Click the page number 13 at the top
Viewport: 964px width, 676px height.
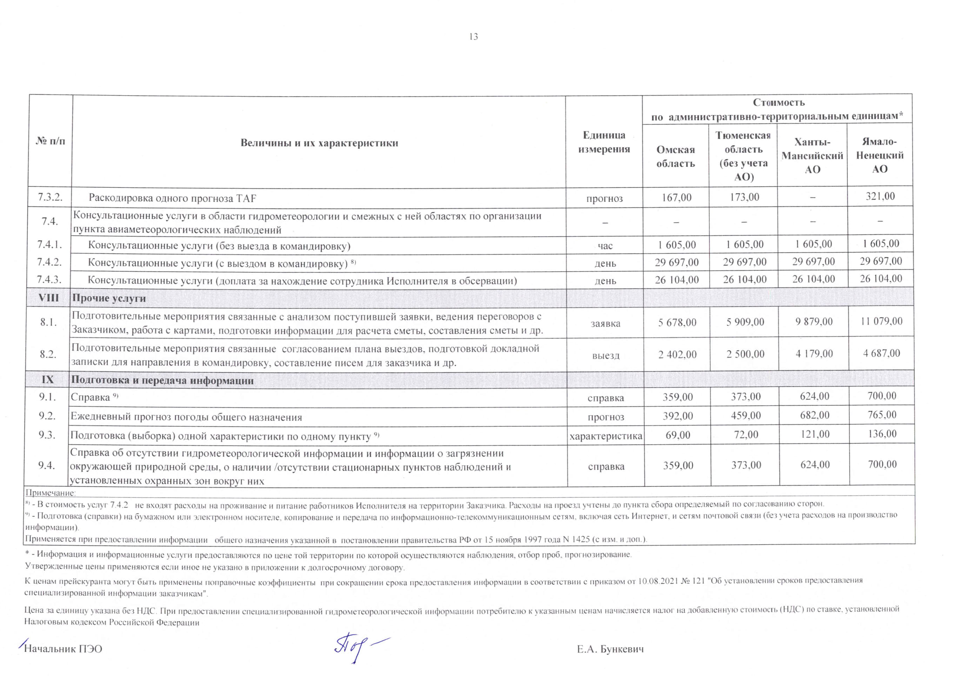click(x=473, y=37)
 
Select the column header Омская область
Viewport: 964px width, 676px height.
click(x=676, y=156)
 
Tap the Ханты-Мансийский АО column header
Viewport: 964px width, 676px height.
click(x=812, y=156)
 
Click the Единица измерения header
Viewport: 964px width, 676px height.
click(x=604, y=142)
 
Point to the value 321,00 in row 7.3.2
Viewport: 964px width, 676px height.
click(x=880, y=196)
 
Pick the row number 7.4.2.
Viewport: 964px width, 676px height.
click(x=49, y=262)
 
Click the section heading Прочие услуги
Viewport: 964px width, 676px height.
click(x=109, y=298)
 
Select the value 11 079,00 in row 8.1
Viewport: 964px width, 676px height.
click(x=881, y=321)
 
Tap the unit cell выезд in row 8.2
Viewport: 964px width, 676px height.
click(x=605, y=355)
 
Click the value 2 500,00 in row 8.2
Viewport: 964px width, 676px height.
click(x=745, y=354)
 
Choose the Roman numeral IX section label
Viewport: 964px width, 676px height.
click(x=47, y=380)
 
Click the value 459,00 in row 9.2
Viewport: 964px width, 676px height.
click(x=746, y=415)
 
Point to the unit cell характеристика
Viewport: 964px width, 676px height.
click(x=605, y=436)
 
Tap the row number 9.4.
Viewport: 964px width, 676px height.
click(x=47, y=465)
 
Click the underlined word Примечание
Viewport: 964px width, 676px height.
click(x=51, y=493)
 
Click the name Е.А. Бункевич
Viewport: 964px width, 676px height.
click(x=610, y=649)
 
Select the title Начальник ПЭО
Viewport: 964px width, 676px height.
click(x=63, y=649)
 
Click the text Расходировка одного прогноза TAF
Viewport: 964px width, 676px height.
click(x=172, y=198)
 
